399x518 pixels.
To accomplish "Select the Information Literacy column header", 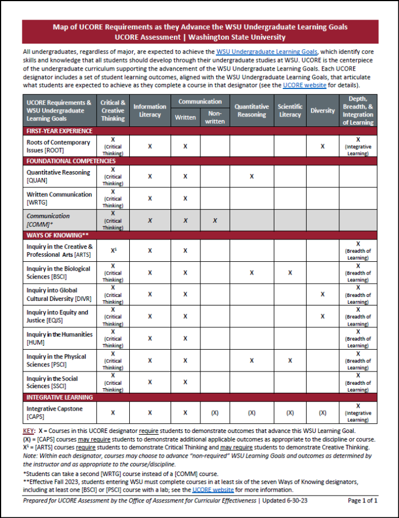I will pos(150,110).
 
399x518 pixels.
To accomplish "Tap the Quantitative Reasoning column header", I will pos(251,110).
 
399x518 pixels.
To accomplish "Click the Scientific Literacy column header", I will pos(290,110).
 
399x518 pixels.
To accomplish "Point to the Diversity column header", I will pos(322,110).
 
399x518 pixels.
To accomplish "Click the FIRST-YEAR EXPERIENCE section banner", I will pos(60,131).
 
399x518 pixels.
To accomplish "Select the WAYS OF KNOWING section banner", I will pos(57,235).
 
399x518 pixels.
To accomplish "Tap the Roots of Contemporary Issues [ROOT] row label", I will pos(58,146).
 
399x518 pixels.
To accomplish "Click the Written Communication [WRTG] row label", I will pos(59,198).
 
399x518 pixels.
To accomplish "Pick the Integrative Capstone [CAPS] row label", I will pos(55,412).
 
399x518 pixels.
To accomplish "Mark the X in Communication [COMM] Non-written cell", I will pos(215,221).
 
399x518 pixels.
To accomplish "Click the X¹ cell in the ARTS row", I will pos(113,250).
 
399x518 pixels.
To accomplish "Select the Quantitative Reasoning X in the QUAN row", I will pos(251,176).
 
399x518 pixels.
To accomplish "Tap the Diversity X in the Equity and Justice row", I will pos(322,316).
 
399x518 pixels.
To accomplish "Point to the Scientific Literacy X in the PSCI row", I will pos(290,361).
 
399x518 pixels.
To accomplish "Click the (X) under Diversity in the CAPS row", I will pos(322,412).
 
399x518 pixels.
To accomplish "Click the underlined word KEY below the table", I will pos(29,430).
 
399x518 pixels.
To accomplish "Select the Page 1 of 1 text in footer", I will pos(362,501).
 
